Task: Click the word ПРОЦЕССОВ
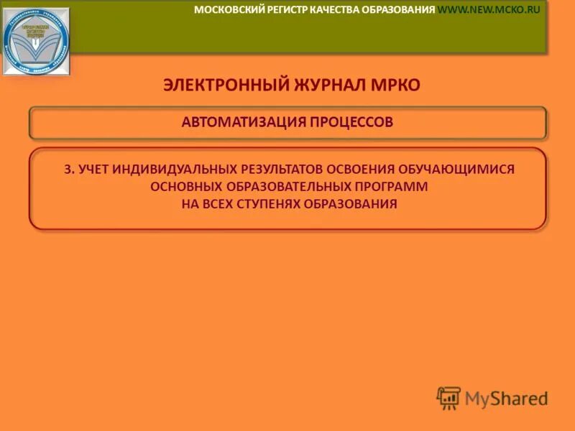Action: click(351, 122)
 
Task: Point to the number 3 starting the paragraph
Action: click(67, 170)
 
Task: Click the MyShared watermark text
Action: click(506, 397)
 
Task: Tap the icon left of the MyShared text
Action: click(448, 397)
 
